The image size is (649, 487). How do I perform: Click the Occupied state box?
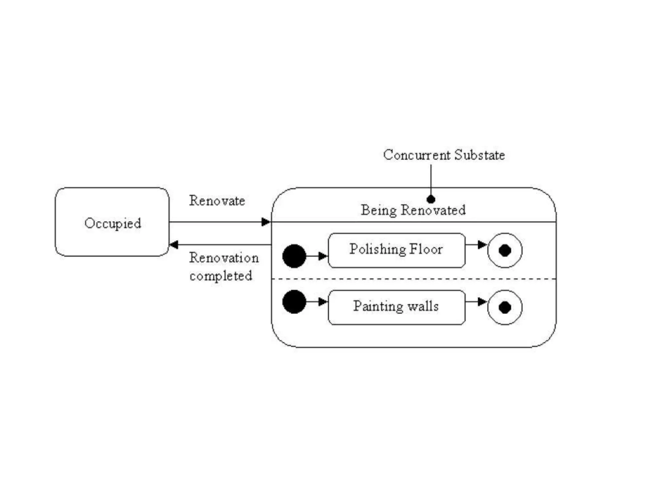pyautogui.click(x=112, y=222)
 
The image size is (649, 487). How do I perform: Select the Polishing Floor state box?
pyautogui.click(x=396, y=250)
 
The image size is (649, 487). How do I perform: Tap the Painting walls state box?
pyautogui.click(x=396, y=307)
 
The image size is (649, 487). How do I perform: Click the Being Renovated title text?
pyautogui.click(x=413, y=210)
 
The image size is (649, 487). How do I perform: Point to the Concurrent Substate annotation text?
pyautogui.click(x=444, y=155)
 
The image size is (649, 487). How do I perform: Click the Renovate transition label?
pyautogui.click(x=217, y=201)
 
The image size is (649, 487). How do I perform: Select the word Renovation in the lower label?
pyautogui.click(x=224, y=258)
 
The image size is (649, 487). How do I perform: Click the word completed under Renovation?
pyautogui.click(x=221, y=276)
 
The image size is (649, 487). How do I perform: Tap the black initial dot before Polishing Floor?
pyautogui.click(x=294, y=256)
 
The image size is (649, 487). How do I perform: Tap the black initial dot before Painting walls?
pyautogui.click(x=294, y=302)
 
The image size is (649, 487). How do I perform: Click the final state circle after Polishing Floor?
pyautogui.click(x=505, y=250)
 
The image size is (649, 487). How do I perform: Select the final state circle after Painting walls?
pyautogui.click(x=505, y=307)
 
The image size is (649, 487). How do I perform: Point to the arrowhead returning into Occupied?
pyautogui.click(x=174, y=244)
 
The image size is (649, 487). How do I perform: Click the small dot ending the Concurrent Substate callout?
pyautogui.click(x=431, y=199)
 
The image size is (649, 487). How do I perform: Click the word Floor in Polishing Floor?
pyautogui.click(x=426, y=249)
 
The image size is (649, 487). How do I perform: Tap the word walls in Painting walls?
pyautogui.click(x=423, y=306)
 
